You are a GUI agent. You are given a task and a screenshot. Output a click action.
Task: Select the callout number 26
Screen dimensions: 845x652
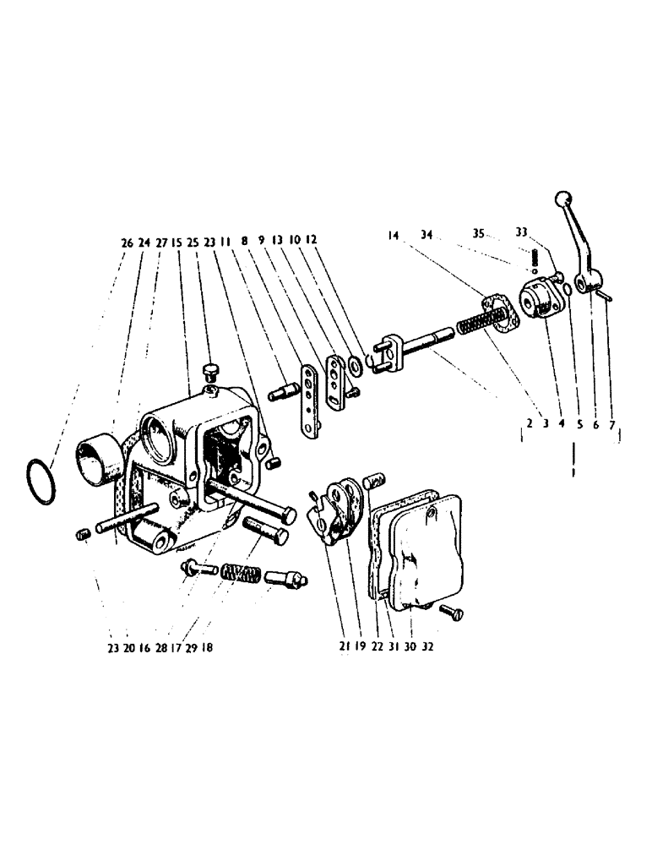(127, 242)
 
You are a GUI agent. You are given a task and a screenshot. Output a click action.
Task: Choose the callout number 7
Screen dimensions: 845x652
(612, 426)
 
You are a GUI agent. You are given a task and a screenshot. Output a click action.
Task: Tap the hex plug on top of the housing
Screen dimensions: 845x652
(210, 372)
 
